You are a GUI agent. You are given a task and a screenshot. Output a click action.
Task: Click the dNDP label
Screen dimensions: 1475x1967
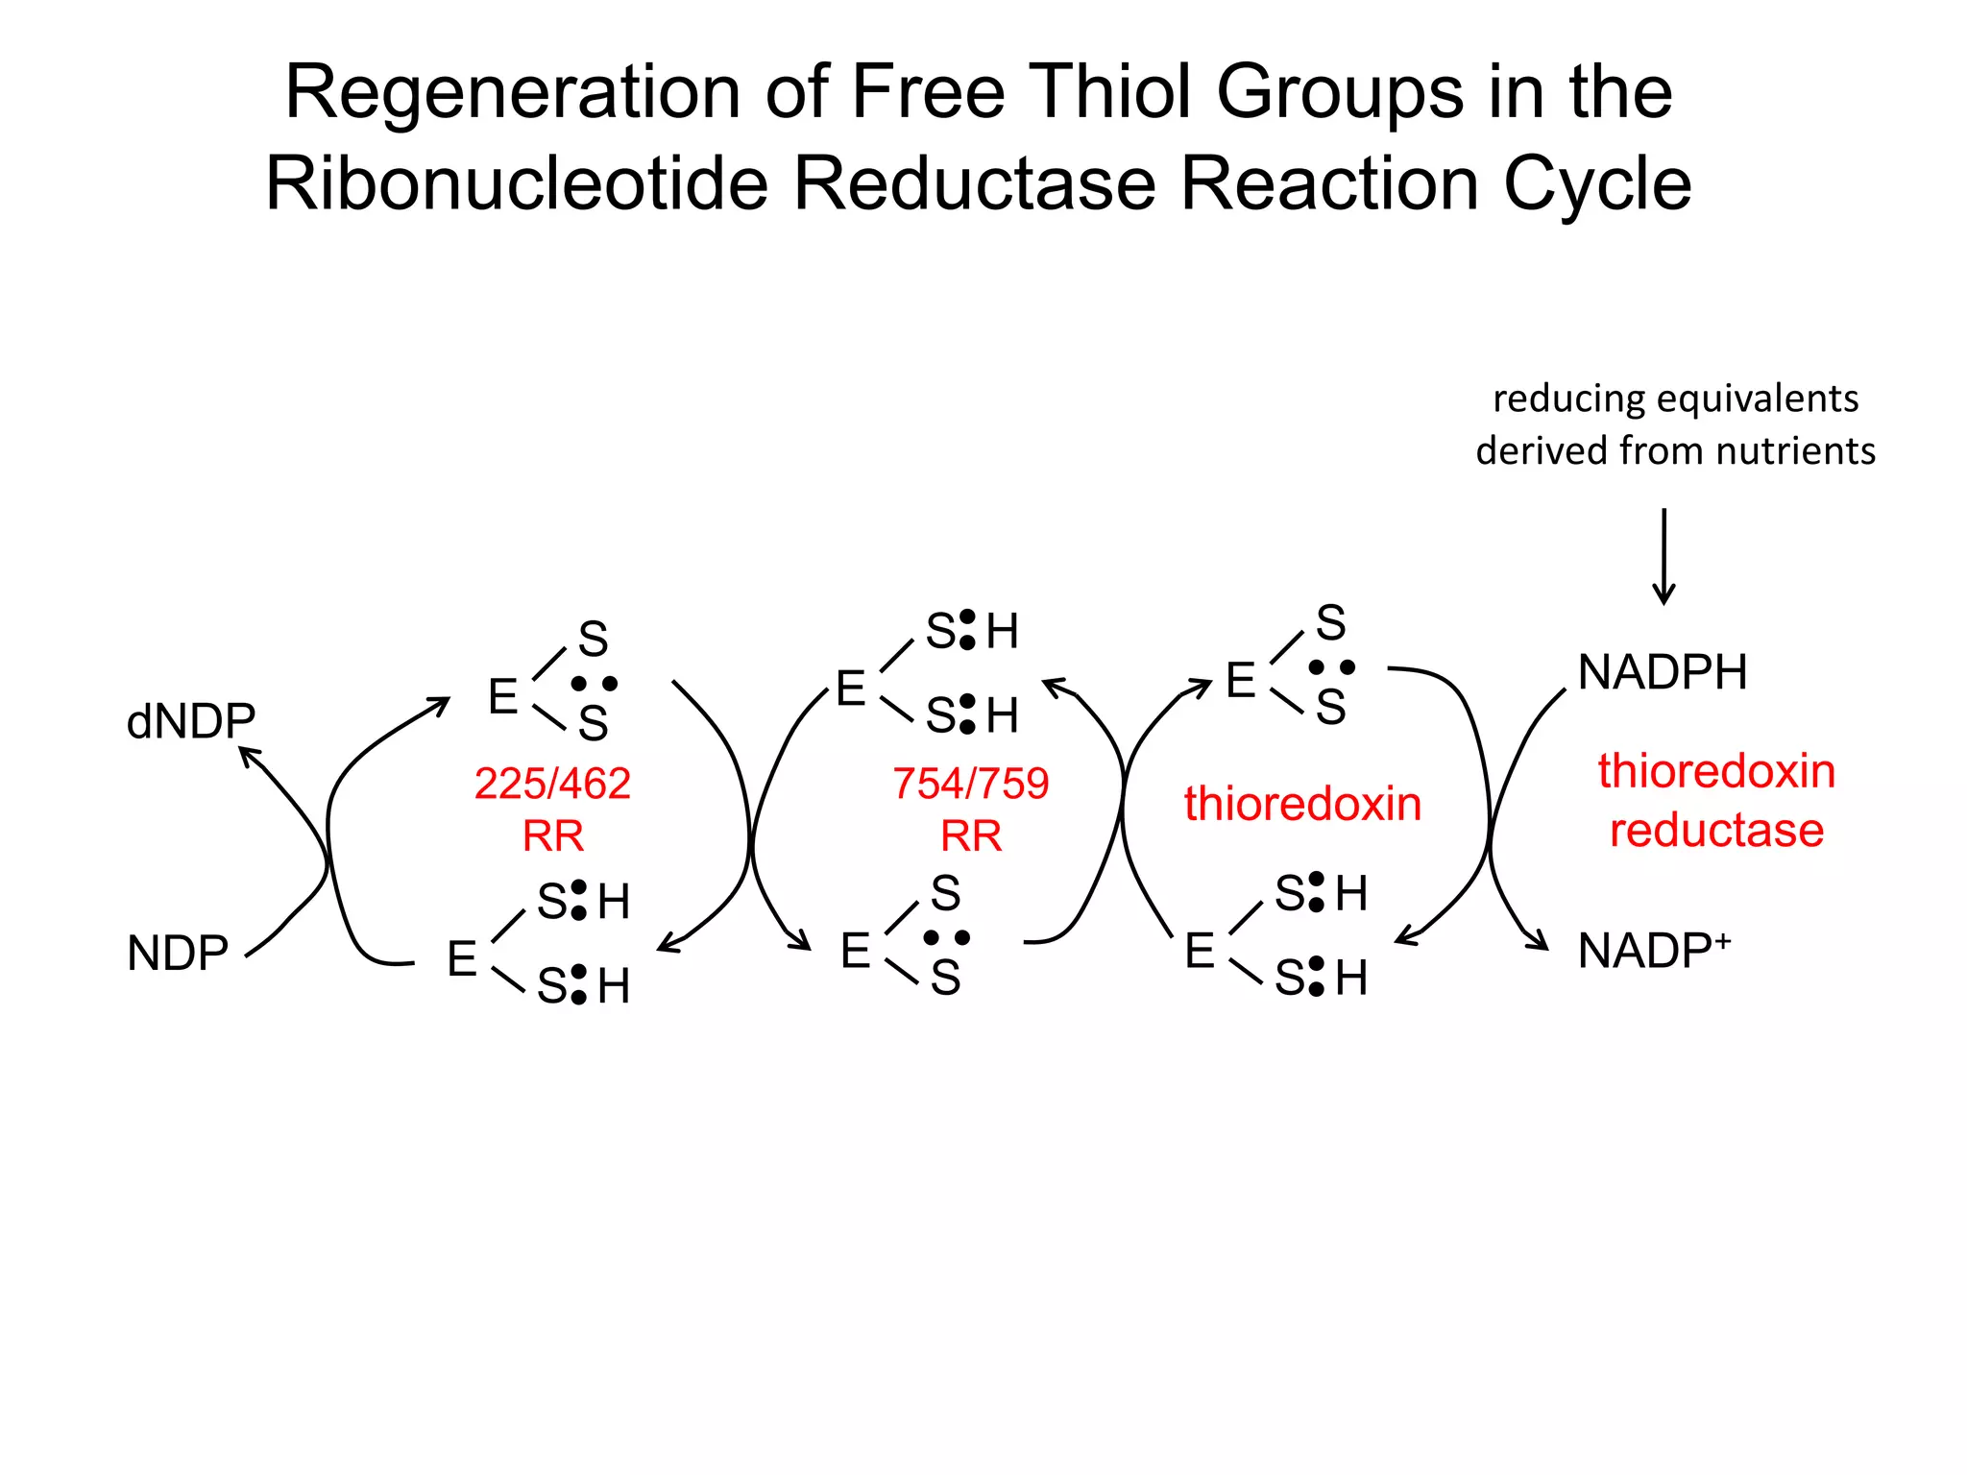(191, 720)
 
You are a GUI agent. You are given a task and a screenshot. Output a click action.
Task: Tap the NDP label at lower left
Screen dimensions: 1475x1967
(178, 954)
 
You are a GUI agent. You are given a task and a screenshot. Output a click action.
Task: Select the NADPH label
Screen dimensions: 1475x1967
(1663, 671)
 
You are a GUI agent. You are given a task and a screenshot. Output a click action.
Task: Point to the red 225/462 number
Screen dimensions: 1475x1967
(552, 784)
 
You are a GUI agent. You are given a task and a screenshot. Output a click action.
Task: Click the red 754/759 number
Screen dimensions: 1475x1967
(970, 784)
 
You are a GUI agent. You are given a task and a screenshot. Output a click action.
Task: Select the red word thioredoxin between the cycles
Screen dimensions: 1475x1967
(1302, 804)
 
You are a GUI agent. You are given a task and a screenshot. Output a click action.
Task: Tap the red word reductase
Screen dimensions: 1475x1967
(1716, 830)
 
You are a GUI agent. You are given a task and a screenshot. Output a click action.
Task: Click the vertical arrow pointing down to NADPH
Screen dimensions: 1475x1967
(1664, 557)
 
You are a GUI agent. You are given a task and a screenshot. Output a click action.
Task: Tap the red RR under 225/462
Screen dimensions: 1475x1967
(552, 835)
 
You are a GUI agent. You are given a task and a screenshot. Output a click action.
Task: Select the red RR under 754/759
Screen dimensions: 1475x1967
(970, 835)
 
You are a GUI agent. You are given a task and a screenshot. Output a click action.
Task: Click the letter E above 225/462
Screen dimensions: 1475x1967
(503, 696)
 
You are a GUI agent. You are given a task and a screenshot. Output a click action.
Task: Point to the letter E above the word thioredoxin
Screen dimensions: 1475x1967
(1241, 680)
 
